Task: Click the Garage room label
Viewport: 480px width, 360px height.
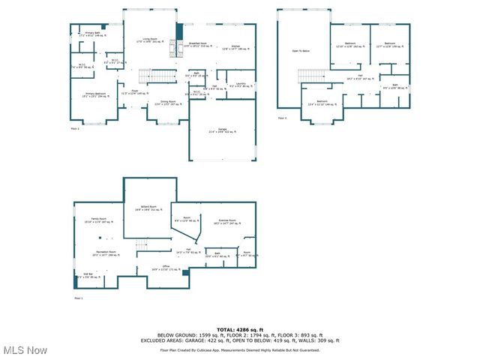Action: point(222,130)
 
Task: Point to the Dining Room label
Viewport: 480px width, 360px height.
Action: point(168,102)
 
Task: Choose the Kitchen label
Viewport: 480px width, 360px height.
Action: point(235,46)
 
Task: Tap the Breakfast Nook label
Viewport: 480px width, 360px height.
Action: point(198,45)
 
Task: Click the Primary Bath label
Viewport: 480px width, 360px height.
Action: point(93,34)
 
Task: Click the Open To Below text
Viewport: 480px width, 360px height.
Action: point(301,51)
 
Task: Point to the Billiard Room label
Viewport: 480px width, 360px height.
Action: point(148,208)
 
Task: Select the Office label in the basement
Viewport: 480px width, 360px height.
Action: point(155,268)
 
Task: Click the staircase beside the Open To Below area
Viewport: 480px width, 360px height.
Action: point(310,75)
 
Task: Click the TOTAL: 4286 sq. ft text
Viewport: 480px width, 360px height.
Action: point(239,329)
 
